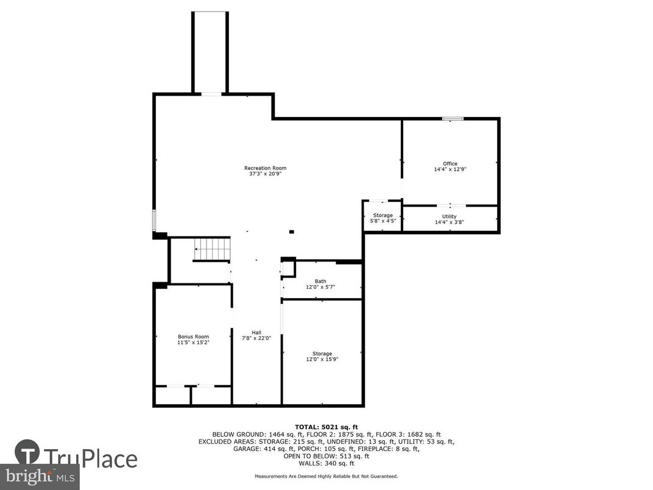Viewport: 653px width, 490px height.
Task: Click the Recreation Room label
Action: pos(265,168)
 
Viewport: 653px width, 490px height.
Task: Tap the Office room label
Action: pos(450,163)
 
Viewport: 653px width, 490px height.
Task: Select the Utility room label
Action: pos(450,216)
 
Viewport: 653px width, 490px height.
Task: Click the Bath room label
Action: pos(320,281)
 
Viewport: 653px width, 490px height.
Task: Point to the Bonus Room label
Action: pos(193,336)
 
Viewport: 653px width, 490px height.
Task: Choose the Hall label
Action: pos(256,332)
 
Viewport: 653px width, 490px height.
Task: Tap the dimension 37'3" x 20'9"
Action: pos(265,174)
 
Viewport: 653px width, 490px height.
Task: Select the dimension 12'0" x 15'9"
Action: pos(322,359)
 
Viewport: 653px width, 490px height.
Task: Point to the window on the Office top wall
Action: pos(453,118)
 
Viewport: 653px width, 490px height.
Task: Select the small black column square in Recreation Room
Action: pos(291,232)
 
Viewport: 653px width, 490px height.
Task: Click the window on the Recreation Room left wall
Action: pos(154,220)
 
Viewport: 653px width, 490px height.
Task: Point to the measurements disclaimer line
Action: pos(326,476)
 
